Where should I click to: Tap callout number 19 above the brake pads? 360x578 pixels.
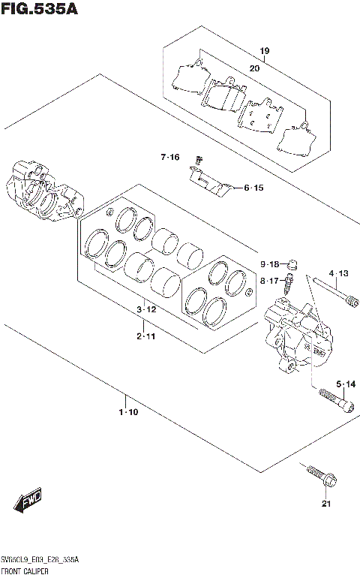264,51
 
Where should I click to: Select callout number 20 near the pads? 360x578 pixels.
254,68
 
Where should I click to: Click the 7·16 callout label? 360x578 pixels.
169,157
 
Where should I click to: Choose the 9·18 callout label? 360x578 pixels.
269,264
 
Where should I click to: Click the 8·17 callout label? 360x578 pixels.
269,281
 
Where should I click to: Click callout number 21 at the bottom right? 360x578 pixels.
325,504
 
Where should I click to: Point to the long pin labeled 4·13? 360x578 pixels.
329,293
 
